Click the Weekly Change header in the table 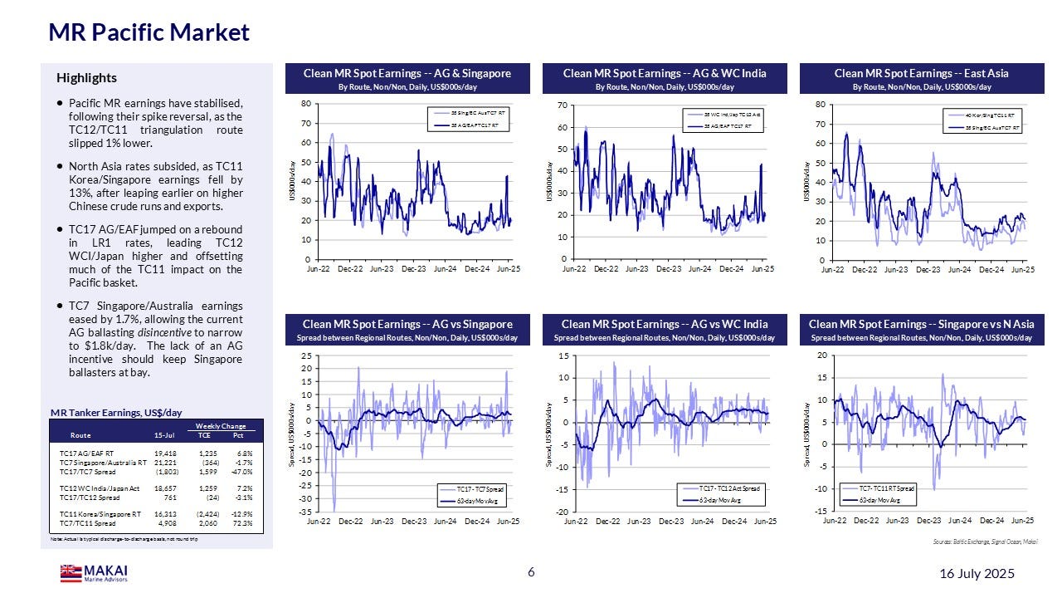(x=221, y=425)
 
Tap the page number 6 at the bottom (x=531, y=572)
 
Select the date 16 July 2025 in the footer (x=977, y=574)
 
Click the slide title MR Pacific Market (x=149, y=32)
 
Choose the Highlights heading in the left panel (x=86, y=78)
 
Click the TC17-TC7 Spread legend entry (x=478, y=490)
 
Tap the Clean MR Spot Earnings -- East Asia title (x=922, y=74)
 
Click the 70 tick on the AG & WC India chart (x=562, y=105)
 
